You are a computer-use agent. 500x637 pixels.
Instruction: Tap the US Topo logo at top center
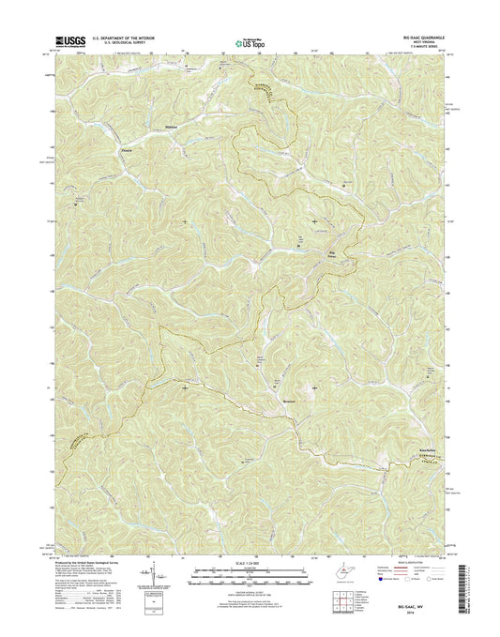pyautogui.click(x=248, y=41)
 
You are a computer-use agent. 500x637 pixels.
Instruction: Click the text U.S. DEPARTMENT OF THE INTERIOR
pyautogui.click(x=127, y=37)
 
